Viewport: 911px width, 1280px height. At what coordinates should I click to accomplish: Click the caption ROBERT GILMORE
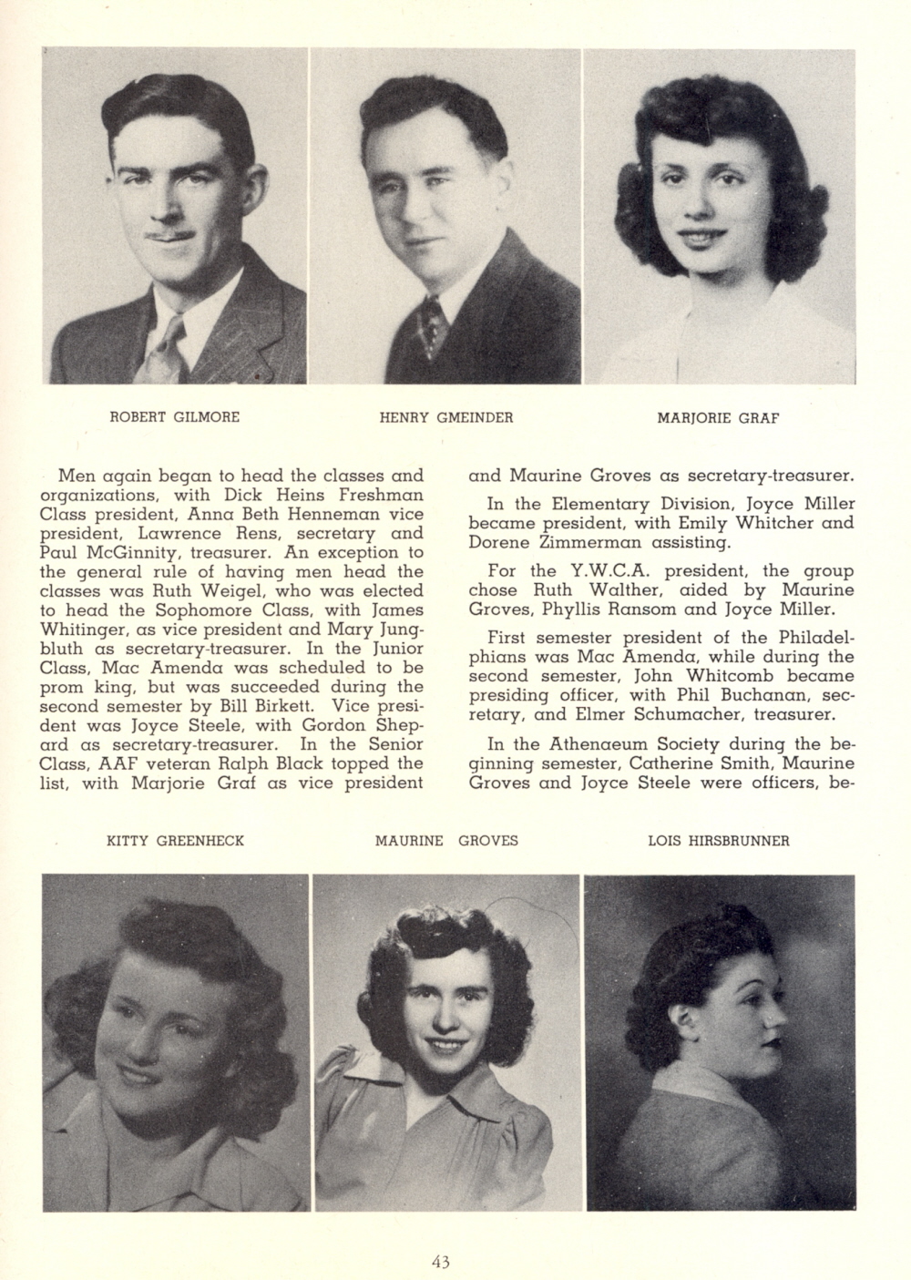click(175, 418)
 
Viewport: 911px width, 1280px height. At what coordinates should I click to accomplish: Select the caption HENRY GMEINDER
click(446, 418)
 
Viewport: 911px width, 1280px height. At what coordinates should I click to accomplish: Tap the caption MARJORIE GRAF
click(719, 419)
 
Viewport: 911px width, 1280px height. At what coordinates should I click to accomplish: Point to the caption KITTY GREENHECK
click(176, 841)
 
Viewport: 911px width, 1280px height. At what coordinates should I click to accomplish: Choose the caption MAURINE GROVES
click(446, 841)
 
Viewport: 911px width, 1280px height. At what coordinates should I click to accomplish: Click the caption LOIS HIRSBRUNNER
click(718, 841)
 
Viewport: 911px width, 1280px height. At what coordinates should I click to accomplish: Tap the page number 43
click(442, 1262)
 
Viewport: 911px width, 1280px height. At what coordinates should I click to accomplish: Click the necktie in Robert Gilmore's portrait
click(165, 351)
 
